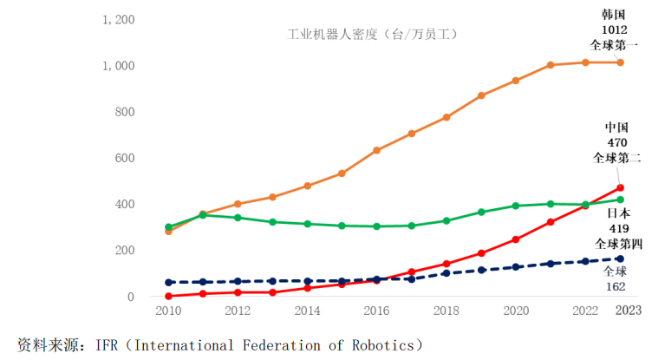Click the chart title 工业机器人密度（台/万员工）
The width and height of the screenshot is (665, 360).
(372, 35)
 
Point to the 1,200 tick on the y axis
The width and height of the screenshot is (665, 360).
(118, 19)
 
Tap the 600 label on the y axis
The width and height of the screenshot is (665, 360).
(124, 158)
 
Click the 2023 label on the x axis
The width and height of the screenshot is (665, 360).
(629, 311)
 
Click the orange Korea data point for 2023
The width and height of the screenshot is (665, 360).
(620, 62)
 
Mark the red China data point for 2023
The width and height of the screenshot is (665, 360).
(620, 187)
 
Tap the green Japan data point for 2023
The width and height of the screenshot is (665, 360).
(620, 200)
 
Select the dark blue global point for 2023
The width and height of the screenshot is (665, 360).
(620, 259)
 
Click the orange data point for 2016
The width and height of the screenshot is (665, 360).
(376, 150)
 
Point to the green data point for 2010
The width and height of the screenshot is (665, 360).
(167, 227)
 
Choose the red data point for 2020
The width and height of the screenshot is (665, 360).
(516, 239)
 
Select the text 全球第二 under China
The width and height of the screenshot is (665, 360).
(616, 158)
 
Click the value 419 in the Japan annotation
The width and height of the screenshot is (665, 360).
(618, 228)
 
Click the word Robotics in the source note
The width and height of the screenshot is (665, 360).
(384, 344)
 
